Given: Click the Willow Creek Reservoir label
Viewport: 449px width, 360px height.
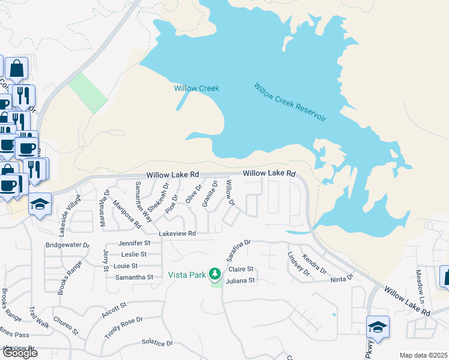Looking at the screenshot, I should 289,103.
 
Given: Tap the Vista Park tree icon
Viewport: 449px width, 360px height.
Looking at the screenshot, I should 214,275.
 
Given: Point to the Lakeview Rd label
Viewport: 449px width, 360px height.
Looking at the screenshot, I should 177,233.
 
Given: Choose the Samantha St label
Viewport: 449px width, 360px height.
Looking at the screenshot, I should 134,277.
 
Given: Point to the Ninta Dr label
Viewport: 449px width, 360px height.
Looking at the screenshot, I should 342,279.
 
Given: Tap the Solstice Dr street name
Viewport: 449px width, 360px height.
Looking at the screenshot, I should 157,343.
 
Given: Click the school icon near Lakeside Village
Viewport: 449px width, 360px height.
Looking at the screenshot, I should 40,205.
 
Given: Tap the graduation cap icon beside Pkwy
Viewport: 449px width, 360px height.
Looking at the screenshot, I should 378,328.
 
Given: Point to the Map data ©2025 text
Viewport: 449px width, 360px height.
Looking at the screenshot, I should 423,355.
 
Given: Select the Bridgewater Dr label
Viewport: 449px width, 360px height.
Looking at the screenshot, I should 67,245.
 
